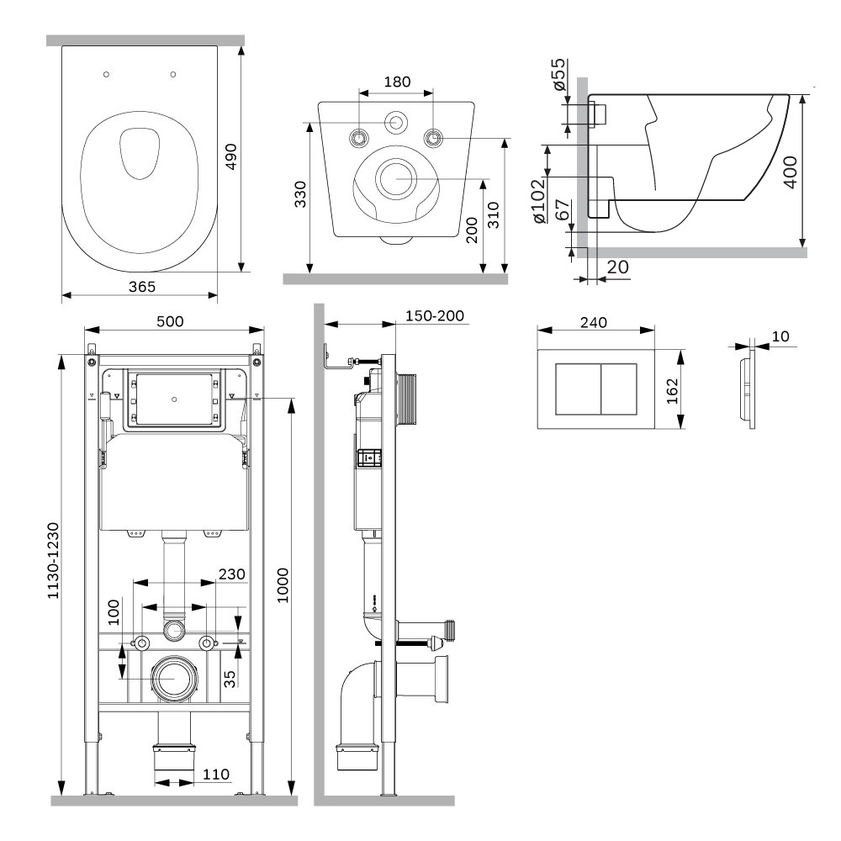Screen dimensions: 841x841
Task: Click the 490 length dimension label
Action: (x=230, y=156)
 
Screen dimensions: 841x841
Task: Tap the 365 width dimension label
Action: (x=142, y=287)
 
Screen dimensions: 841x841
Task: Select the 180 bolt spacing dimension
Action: (x=398, y=82)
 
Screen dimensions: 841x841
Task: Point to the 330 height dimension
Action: (x=300, y=194)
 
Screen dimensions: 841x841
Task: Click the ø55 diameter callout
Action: (x=558, y=74)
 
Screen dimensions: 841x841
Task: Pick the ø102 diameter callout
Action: (x=538, y=201)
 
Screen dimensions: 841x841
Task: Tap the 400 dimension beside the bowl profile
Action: (x=790, y=172)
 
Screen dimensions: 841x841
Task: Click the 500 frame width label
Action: (x=170, y=321)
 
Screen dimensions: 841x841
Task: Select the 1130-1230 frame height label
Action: (x=52, y=560)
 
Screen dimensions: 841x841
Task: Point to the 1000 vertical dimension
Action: (x=283, y=585)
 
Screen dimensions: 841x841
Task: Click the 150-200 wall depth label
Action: (x=435, y=316)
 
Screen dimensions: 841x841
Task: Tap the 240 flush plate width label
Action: (x=594, y=322)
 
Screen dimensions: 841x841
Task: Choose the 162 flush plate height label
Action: (x=672, y=391)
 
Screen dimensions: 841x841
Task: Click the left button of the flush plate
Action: (x=578, y=389)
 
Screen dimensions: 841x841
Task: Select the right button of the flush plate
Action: (x=619, y=389)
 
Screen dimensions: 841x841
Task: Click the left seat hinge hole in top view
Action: (x=106, y=74)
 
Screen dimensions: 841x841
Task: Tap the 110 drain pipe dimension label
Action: (x=215, y=774)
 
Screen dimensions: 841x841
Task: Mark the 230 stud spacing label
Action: (x=232, y=574)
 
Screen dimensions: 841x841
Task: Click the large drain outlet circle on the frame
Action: (x=174, y=679)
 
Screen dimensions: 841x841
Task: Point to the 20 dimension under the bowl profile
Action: (x=617, y=267)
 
